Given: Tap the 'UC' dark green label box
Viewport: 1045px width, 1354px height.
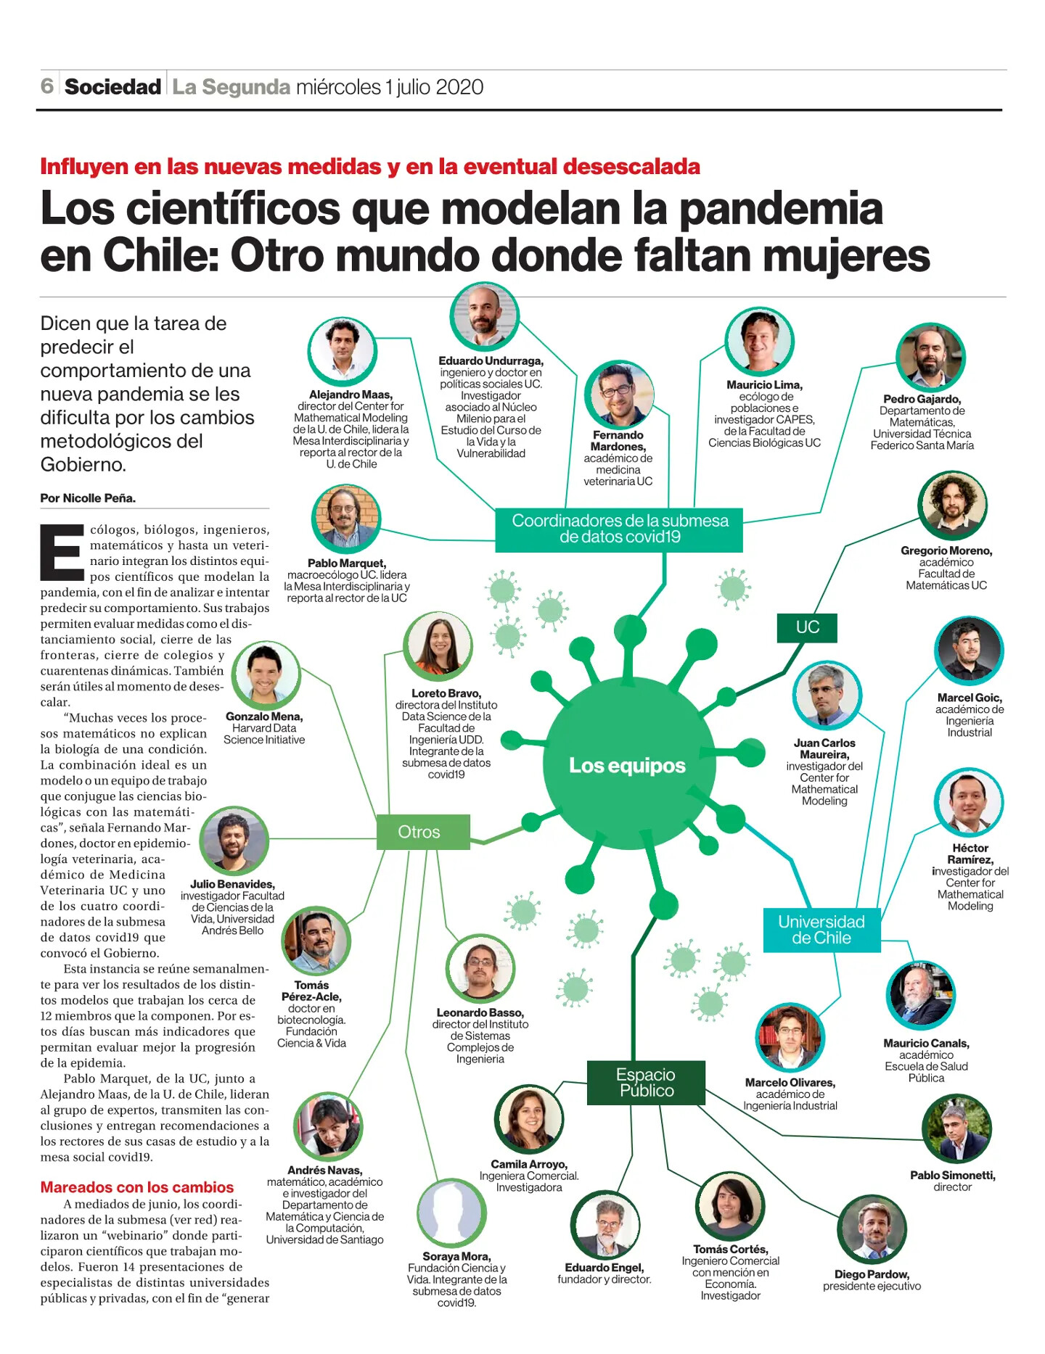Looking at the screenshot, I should click(807, 627).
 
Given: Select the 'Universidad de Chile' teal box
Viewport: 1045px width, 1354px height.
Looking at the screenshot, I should click(821, 930).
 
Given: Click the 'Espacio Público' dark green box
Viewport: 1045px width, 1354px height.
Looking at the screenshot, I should click(646, 1083).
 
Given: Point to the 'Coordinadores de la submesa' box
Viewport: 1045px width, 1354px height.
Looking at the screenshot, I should click(619, 529).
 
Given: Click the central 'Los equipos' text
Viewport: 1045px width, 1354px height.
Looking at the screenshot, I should click(627, 765).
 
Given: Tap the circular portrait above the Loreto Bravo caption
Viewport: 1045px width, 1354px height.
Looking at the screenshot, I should click(438, 645).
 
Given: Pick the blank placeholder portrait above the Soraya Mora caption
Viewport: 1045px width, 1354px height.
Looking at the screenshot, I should click(451, 1213).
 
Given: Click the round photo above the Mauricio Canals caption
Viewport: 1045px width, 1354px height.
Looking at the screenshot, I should click(921, 996).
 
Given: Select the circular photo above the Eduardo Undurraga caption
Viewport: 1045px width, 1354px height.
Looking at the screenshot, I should click(484, 316).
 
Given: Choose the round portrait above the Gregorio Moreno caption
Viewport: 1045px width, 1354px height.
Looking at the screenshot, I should click(952, 505).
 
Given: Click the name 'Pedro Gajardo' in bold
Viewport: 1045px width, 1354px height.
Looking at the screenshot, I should click(922, 399).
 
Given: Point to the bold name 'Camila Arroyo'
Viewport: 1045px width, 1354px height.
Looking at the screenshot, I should click(529, 1164).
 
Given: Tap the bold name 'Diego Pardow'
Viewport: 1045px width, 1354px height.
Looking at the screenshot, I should click(872, 1274).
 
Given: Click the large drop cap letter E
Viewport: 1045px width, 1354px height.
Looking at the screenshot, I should click(62, 553).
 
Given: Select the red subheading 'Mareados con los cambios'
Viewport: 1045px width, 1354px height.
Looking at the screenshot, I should click(137, 1187).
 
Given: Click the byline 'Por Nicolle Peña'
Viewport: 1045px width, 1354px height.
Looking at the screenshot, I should click(88, 498).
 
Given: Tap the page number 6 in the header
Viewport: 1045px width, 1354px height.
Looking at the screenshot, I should click(47, 86).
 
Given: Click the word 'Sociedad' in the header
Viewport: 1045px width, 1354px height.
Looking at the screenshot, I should click(112, 87).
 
